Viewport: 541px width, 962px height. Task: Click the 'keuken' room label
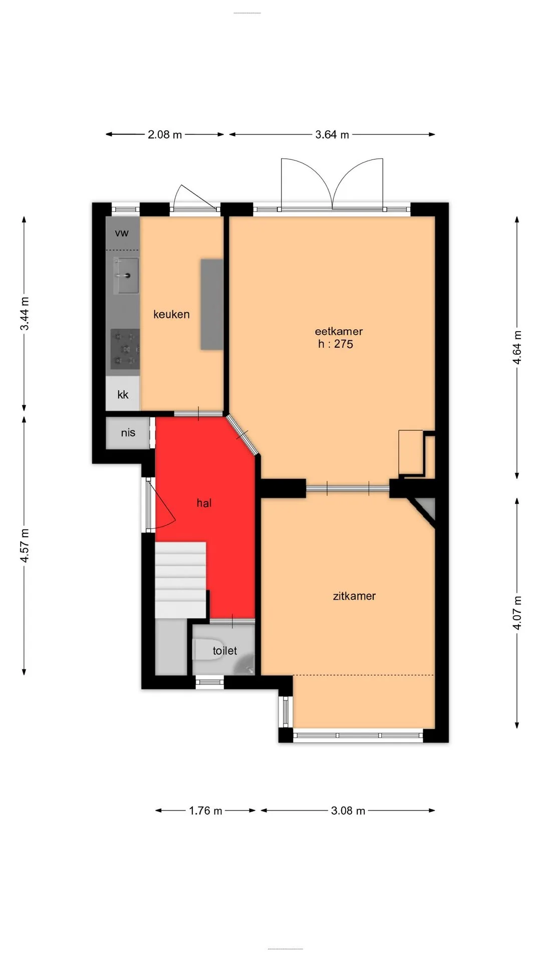click(x=171, y=314)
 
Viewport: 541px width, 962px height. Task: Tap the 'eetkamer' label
click(x=339, y=331)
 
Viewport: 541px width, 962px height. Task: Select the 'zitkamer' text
click(x=354, y=596)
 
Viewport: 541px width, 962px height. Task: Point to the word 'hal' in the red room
click(x=204, y=503)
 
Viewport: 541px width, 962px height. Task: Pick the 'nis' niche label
click(x=128, y=433)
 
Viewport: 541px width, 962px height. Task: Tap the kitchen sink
click(x=126, y=276)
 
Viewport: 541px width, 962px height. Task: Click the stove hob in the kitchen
click(x=125, y=349)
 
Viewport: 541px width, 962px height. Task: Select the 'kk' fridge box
click(x=123, y=394)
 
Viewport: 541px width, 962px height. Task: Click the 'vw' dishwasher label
click(x=122, y=233)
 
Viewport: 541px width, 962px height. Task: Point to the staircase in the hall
click(x=180, y=580)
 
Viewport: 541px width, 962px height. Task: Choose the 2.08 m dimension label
click(x=165, y=134)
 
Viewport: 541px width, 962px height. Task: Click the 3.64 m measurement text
click(x=332, y=134)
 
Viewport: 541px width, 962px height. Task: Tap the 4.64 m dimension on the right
click(x=517, y=348)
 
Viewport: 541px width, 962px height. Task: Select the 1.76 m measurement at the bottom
click(x=205, y=810)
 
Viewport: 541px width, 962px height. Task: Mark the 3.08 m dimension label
click(x=348, y=810)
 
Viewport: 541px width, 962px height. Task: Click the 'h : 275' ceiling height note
click(x=336, y=344)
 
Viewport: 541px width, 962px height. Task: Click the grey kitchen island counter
click(x=212, y=304)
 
